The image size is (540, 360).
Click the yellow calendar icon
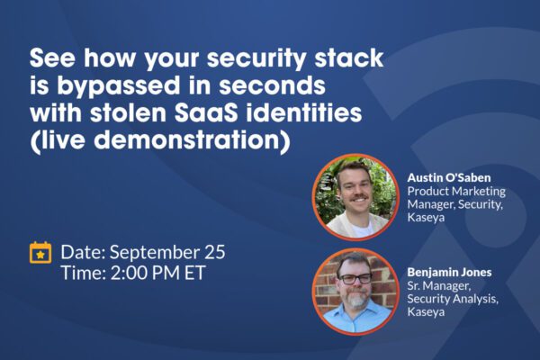tap(40, 253)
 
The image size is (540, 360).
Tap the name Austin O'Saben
tap(449, 178)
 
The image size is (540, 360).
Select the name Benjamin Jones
tap(449, 272)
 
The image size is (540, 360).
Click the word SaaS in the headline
tap(205, 112)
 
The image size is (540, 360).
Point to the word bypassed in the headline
tap(118, 85)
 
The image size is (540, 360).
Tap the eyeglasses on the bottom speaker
tap(355, 278)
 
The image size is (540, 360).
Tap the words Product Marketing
tap(456, 191)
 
